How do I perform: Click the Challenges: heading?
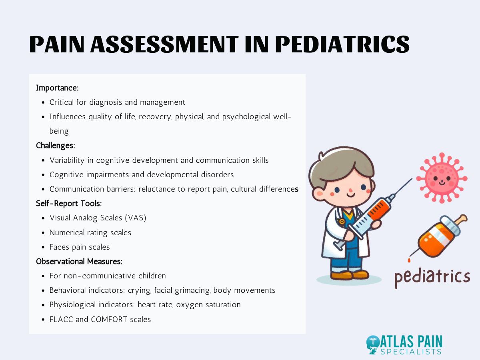tap(56, 145)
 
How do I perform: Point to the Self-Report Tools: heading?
tap(69, 203)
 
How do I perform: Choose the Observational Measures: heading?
tap(79, 261)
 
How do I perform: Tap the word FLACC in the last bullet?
tap(61, 319)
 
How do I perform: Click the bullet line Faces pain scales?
tap(80, 247)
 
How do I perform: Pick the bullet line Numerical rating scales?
tap(90, 232)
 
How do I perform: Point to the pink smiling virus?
tap(441, 178)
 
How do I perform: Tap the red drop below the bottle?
tap(409, 260)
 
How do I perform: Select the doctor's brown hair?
tap(340, 164)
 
